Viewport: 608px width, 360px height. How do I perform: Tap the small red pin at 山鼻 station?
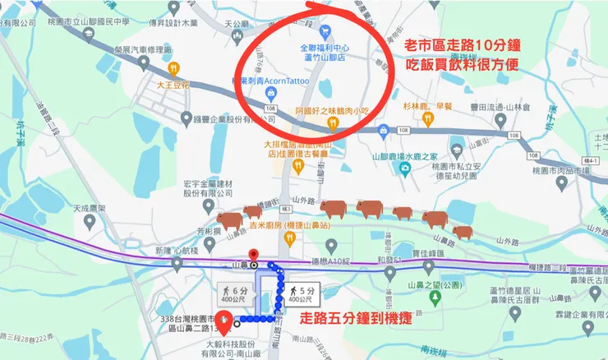click(253, 255)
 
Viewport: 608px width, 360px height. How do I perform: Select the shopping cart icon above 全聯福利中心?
click(326, 31)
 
